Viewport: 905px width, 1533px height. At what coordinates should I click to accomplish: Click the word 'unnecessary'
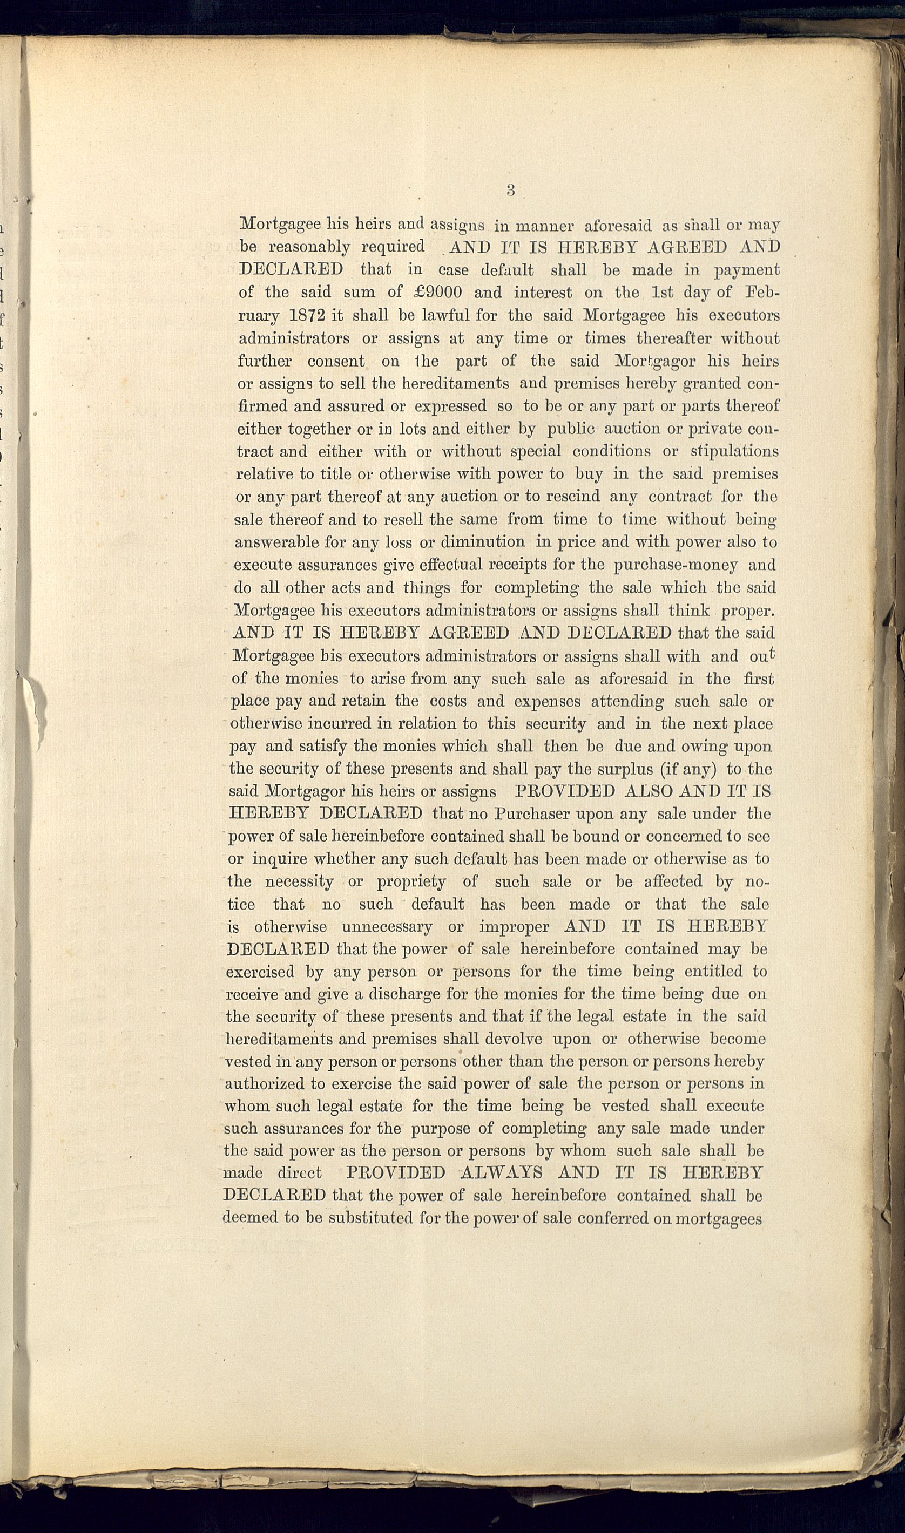[x=387, y=928]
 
